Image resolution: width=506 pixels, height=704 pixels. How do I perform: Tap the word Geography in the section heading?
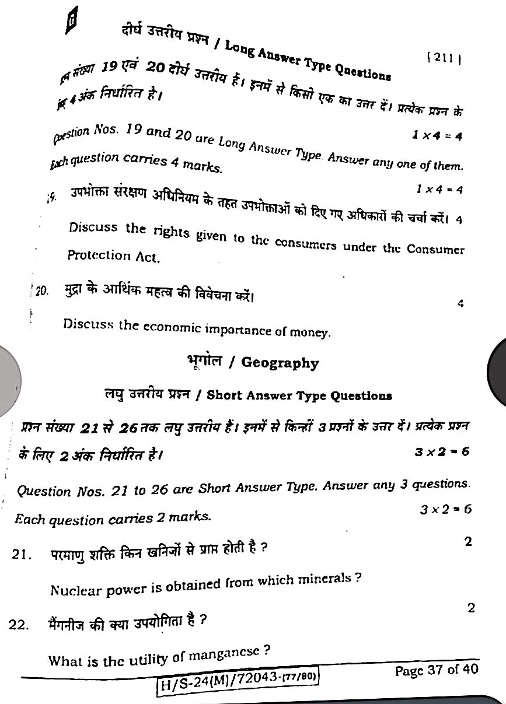point(280,363)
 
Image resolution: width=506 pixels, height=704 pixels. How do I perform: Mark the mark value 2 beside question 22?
point(471,608)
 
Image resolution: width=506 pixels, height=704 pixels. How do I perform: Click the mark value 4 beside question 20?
point(460,303)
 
